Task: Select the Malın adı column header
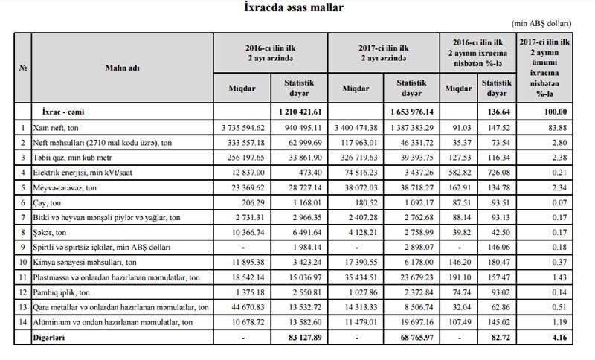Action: [122, 68]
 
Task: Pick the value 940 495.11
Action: [305, 128]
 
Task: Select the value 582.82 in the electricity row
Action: [459, 173]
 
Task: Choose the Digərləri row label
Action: [54, 337]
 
